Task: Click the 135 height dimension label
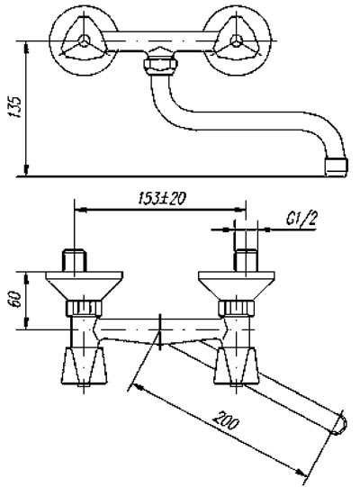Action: pyautogui.click(x=15, y=107)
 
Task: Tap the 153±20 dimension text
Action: pyautogui.click(x=161, y=198)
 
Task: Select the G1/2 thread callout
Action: pyautogui.click(x=301, y=220)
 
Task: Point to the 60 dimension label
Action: pyautogui.click(x=15, y=299)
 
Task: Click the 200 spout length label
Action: pyautogui.click(x=226, y=420)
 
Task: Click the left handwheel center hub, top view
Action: pyautogui.click(x=84, y=41)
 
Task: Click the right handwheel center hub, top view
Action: pyautogui.click(x=237, y=41)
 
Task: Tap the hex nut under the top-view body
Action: pyautogui.click(x=160, y=64)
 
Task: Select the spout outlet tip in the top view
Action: pyautogui.click(x=337, y=167)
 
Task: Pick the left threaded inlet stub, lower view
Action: pyautogui.click(x=75, y=260)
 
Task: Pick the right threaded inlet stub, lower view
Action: pyautogui.click(x=246, y=260)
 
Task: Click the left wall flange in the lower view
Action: pyautogui.click(x=85, y=285)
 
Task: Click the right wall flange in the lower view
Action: pyautogui.click(x=237, y=285)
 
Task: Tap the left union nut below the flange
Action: pyautogui.click(x=85, y=308)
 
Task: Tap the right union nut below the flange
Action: pyautogui.click(x=237, y=308)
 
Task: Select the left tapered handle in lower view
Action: pyautogui.click(x=85, y=365)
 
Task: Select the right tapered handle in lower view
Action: pyautogui.click(x=237, y=365)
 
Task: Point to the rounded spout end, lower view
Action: pyautogui.click(x=340, y=423)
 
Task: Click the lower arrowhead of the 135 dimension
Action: pyautogui.click(x=26, y=171)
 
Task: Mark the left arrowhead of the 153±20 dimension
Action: pyautogui.click(x=81, y=210)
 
